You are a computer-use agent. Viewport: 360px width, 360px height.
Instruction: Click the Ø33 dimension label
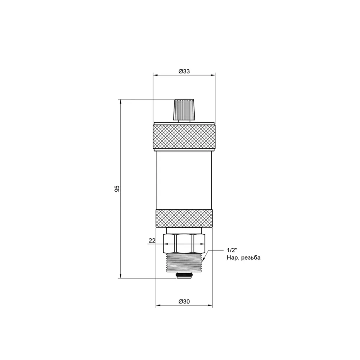point(184,71)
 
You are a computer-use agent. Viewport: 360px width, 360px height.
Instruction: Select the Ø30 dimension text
point(184,302)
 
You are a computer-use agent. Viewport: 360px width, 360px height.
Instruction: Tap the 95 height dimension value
point(116,189)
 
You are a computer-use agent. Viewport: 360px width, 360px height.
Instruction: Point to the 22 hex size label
point(152,241)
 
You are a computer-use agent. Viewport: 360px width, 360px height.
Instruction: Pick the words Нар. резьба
point(243,258)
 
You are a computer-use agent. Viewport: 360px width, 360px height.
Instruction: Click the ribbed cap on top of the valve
point(184,109)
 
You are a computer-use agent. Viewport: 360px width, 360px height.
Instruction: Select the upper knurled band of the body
point(184,137)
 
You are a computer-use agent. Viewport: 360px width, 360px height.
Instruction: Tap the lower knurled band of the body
point(184,219)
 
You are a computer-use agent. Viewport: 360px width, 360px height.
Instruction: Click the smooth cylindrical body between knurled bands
point(184,180)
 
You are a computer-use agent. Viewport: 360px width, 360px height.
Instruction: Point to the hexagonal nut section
point(184,244)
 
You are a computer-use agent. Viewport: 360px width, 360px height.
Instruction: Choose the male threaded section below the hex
point(184,263)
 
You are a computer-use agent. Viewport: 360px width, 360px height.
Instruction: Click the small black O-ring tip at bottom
point(184,276)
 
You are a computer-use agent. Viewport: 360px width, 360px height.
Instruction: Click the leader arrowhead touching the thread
point(204,260)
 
